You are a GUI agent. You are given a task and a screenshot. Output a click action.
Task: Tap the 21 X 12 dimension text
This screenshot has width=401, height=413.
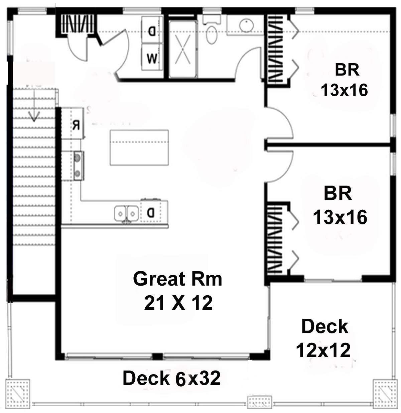point(178,303)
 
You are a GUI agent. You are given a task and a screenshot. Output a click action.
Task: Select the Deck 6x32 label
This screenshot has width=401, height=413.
point(171,378)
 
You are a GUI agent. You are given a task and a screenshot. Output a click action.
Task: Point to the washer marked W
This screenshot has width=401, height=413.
point(152,57)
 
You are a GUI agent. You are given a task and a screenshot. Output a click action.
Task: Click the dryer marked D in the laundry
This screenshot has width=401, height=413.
point(152,30)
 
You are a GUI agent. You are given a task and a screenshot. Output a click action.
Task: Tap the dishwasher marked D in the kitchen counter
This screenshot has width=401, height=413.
point(151,212)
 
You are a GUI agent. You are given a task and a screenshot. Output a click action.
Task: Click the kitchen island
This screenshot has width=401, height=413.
point(139,147)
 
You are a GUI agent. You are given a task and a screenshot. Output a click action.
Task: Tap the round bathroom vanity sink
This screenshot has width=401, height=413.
point(246,25)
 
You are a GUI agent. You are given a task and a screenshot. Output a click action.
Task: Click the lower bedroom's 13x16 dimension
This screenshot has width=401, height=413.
point(340,217)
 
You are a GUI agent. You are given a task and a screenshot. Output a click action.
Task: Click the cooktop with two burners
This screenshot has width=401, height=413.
point(79,166)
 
